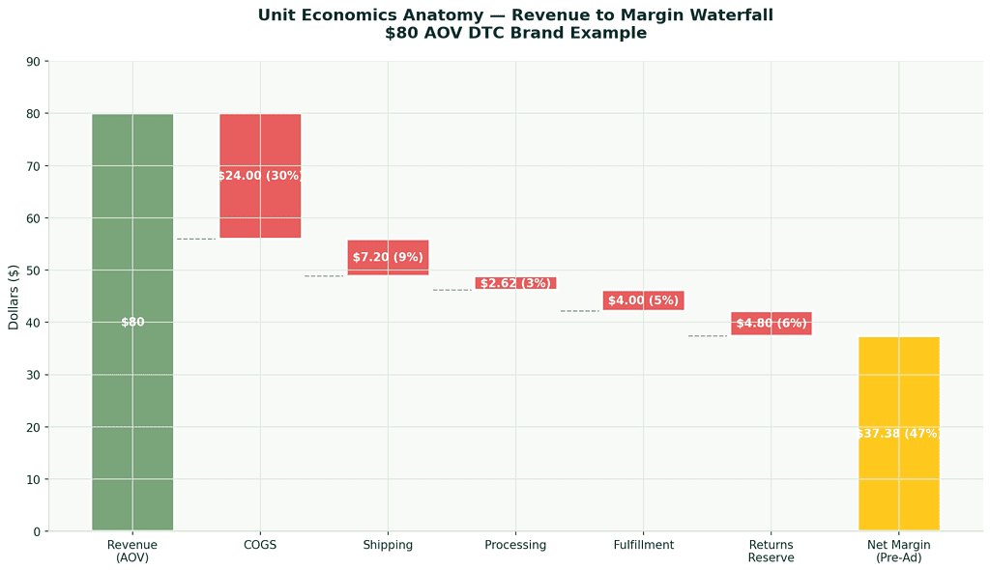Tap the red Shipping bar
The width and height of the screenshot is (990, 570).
pyautogui.click(x=388, y=258)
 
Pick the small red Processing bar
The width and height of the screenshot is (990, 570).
pyautogui.click(x=515, y=283)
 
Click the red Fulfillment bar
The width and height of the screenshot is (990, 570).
pyautogui.click(x=643, y=300)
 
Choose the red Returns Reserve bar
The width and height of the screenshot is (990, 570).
pyautogui.click(x=771, y=324)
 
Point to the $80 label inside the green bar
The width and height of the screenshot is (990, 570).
pyautogui.click(x=132, y=322)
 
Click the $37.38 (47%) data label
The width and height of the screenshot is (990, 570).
pyautogui.click(x=898, y=434)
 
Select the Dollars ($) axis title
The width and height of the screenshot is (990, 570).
pyautogui.click(x=14, y=296)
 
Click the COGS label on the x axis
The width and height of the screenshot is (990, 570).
pyautogui.click(x=260, y=545)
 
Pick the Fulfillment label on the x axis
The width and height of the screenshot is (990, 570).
pyautogui.click(x=643, y=545)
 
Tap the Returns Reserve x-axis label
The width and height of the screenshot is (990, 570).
pyautogui.click(x=771, y=551)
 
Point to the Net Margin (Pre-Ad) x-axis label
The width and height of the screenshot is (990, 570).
pyautogui.click(x=898, y=551)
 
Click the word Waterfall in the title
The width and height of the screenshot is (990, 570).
pyautogui.click(x=723, y=15)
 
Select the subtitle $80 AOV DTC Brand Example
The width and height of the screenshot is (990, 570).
pyautogui.click(x=515, y=33)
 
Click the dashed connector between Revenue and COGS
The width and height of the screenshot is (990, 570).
pyautogui.click(x=196, y=239)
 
